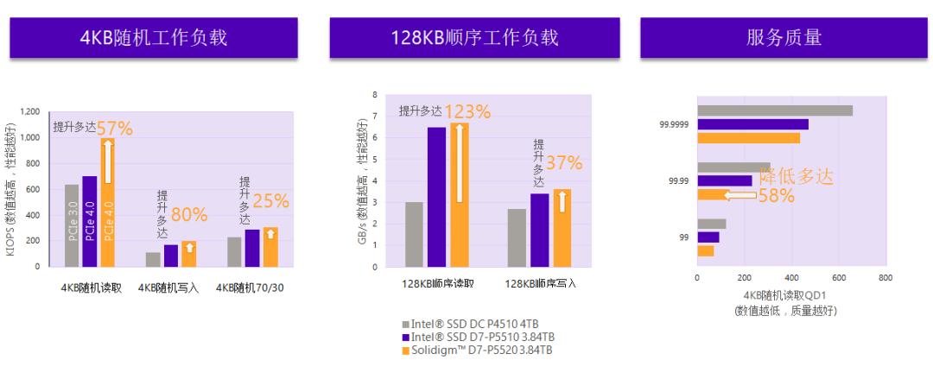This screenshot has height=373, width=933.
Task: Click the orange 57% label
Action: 115,129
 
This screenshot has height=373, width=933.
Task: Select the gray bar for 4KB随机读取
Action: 72,225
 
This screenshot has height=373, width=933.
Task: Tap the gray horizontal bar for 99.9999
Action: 775,110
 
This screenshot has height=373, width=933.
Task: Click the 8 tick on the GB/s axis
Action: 375,94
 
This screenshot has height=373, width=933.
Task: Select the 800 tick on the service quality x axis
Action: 884,277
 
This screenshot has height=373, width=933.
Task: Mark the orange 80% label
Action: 187,214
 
